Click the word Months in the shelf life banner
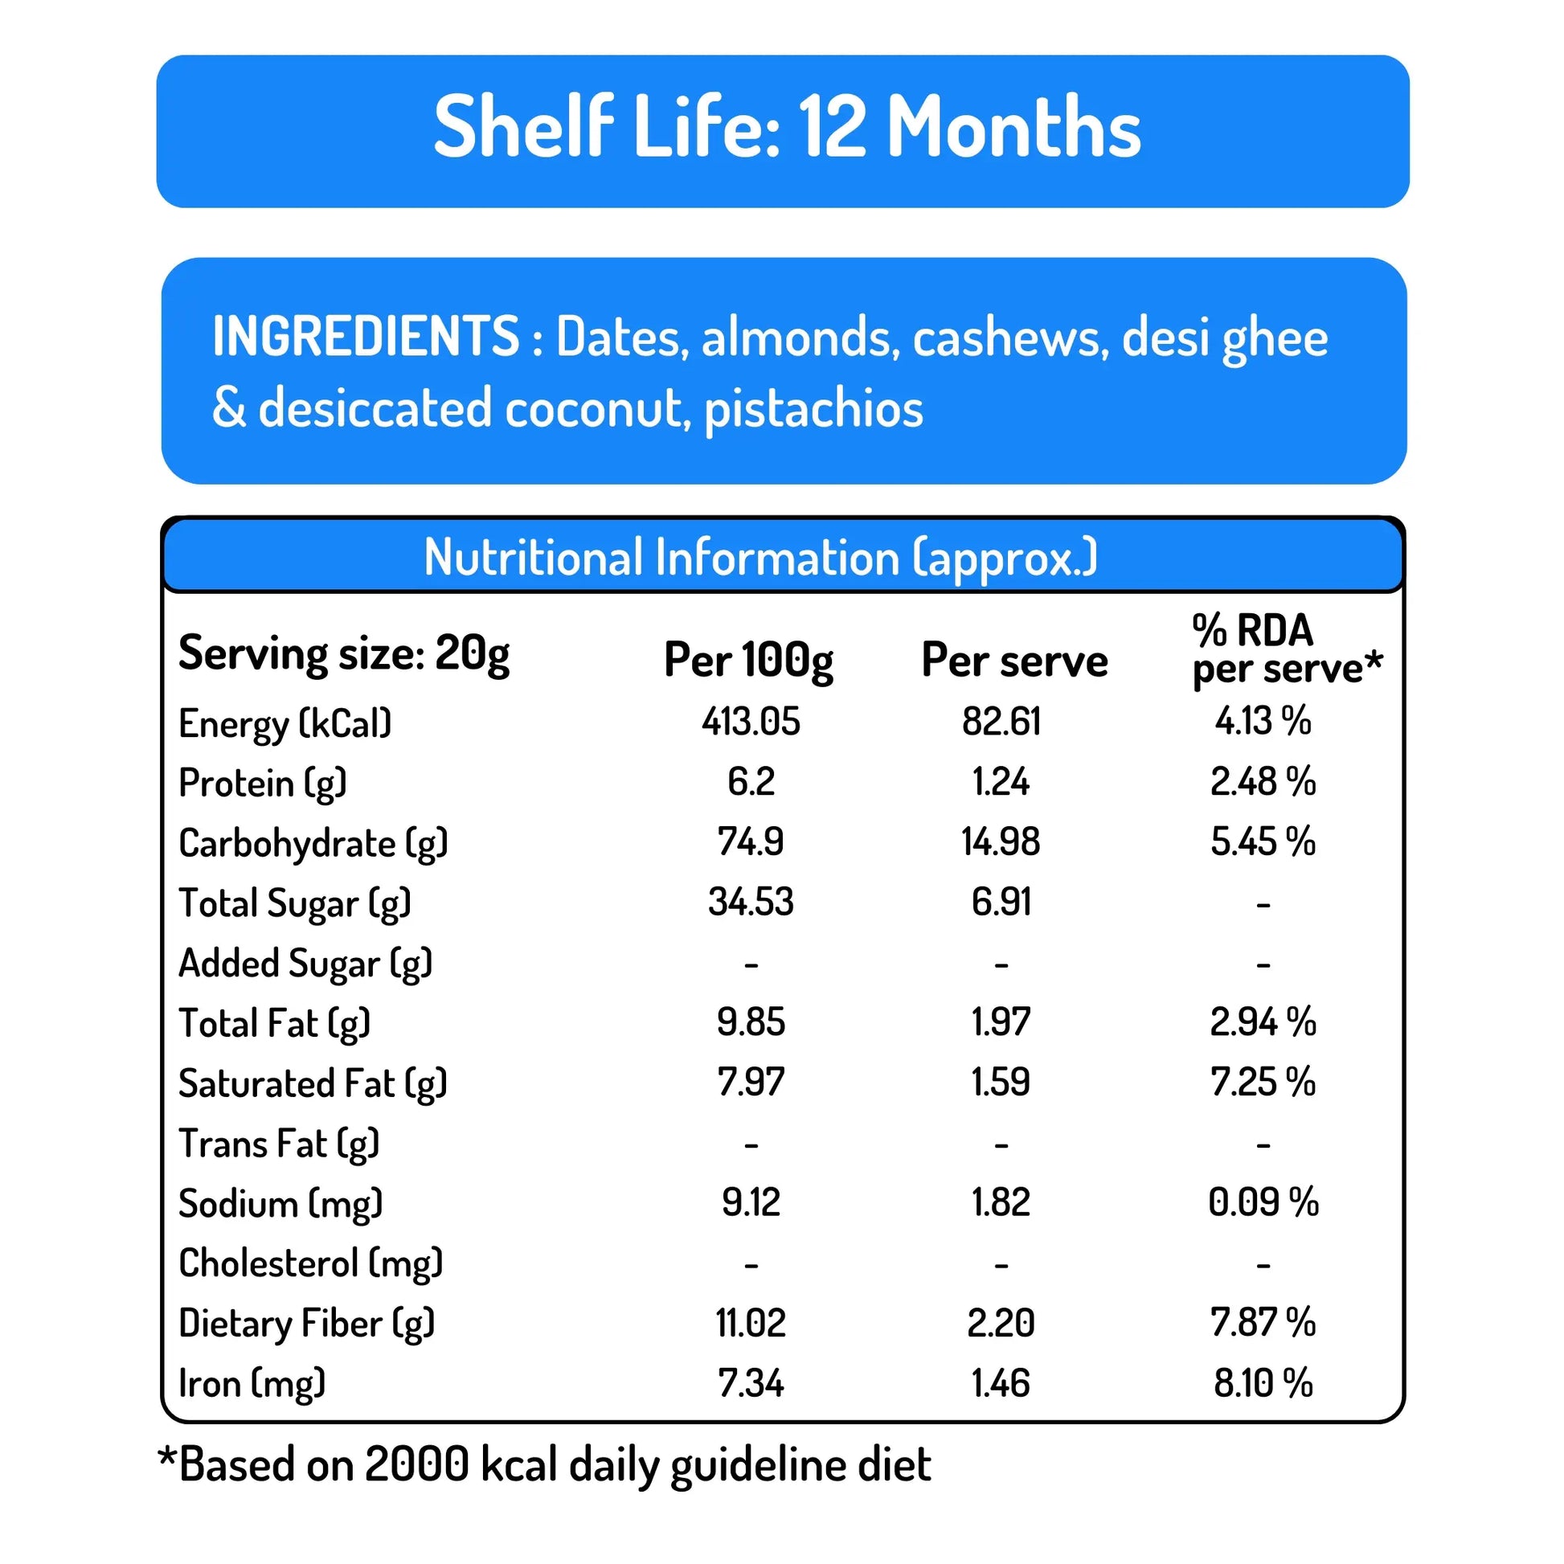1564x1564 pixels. tap(1013, 128)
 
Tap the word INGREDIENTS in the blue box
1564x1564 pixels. tap(365, 337)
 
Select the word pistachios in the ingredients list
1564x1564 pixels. tap(813, 409)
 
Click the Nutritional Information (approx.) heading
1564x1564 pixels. tap(760, 558)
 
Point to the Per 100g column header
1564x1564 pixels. tap(748, 660)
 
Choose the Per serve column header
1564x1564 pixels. tap(1014, 661)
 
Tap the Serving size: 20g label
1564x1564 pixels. tap(344, 653)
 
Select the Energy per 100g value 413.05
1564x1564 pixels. tap(751, 721)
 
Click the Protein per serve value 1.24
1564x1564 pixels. tap(1001, 782)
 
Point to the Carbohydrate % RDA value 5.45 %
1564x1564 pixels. tap(1263, 842)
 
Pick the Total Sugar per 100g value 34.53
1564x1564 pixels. tap(751, 902)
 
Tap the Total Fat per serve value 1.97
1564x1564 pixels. tap(1001, 1022)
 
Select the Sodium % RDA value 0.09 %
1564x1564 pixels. tap(1263, 1202)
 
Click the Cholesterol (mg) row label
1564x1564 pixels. tap(311, 1263)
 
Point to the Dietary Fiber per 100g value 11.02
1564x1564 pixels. tap(751, 1324)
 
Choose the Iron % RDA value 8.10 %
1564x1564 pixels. tap(1263, 1383)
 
